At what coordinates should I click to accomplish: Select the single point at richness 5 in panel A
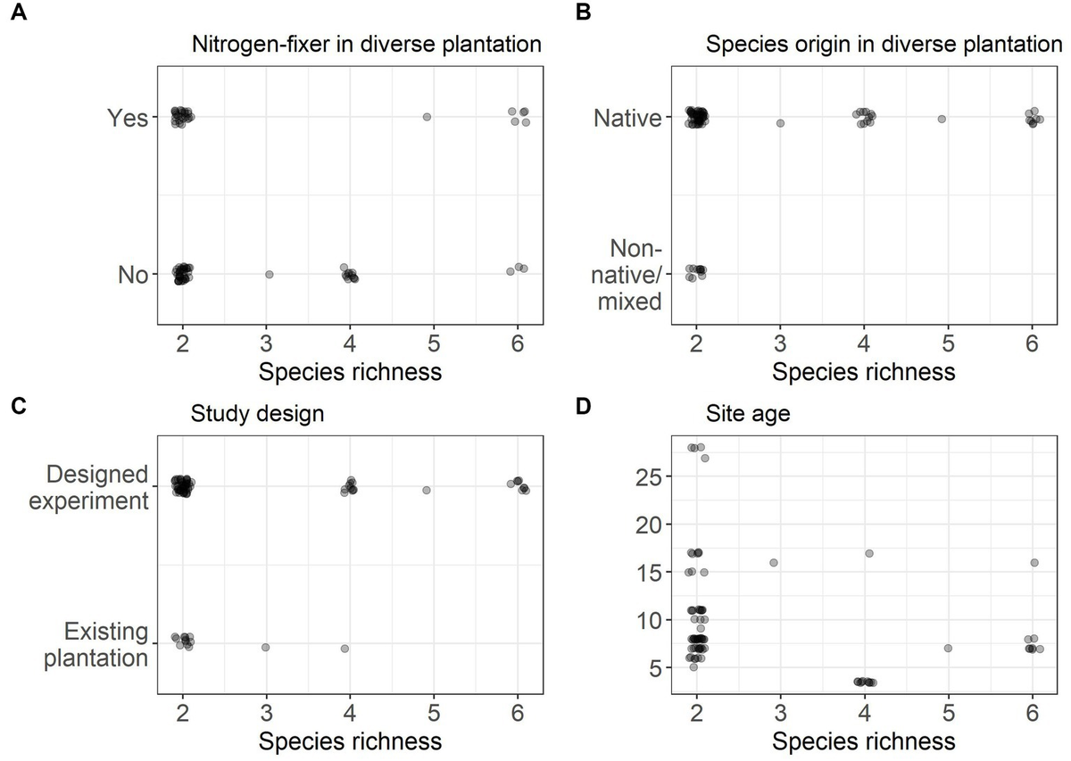coord(427,117)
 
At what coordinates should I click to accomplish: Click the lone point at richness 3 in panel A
coord(269,275)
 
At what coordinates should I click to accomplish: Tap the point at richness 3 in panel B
coord(780,123)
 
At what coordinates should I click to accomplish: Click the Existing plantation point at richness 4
coord(345,649)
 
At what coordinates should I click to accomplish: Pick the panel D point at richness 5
coord(948,649)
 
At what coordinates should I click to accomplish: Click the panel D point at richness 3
coord(774,562)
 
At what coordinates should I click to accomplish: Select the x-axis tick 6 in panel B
coord(1032,343)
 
